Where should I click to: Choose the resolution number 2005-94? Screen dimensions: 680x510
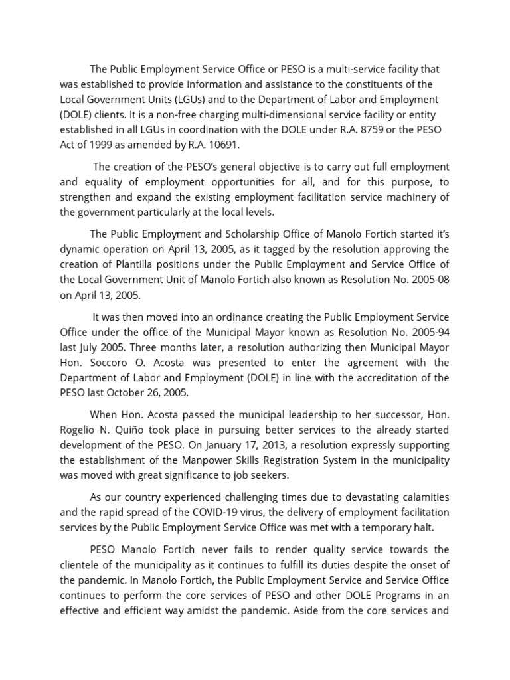point(428,332)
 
